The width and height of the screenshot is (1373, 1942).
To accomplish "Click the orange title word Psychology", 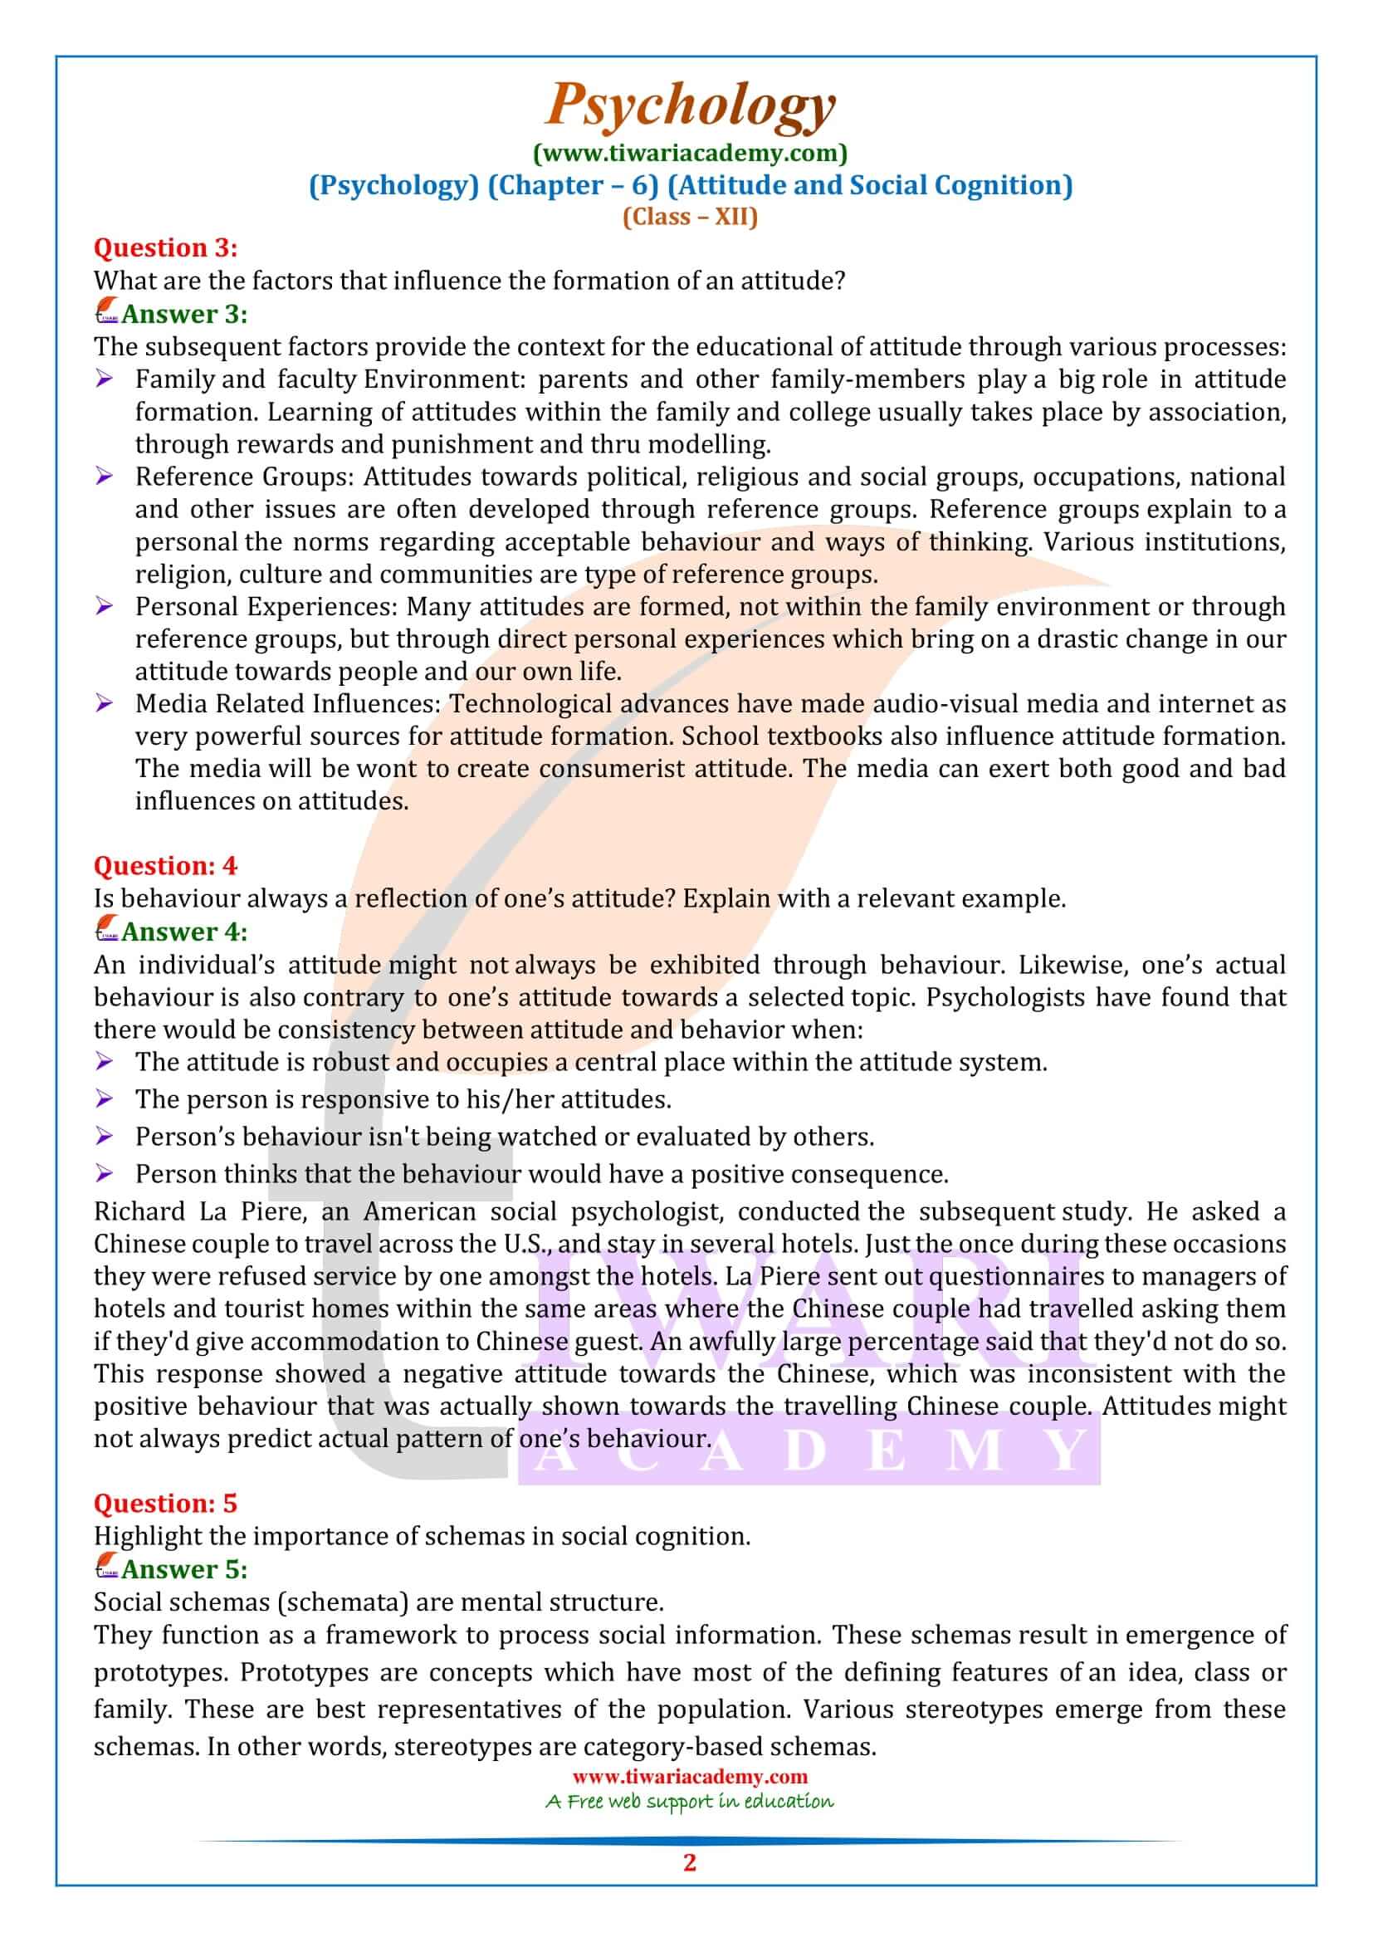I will coord(690,105).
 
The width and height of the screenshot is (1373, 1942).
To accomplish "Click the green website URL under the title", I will coord(690,153).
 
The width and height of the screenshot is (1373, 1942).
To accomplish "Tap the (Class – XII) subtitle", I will coord(690,217).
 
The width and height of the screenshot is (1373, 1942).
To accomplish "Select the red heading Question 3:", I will coord(166,247).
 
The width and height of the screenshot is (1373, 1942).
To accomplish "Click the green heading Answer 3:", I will coord(184,314).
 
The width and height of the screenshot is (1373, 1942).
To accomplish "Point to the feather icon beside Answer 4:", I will coord(106,931).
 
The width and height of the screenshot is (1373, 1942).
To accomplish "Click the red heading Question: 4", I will coord(166,865).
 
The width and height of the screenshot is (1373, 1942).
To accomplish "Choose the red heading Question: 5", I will coord(166,1503).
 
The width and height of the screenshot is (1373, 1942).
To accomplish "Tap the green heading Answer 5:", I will coord(184,1569).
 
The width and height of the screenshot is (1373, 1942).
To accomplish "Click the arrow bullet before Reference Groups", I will coord(104,477).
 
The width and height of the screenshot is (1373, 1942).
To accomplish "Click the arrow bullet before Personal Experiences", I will coord(104,606).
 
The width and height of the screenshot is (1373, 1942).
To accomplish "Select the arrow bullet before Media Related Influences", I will coord(104,704).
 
